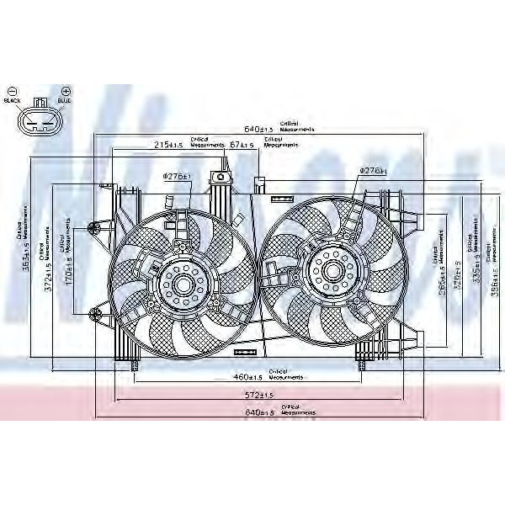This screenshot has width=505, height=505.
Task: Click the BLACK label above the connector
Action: click(13, 101)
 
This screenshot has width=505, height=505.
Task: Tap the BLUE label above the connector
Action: click(65, 101)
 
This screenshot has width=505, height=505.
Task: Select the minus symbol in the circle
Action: click(12, 90)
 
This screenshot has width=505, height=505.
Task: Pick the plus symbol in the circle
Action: click(66, 90)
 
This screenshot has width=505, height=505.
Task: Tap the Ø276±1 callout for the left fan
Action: click(177, 175)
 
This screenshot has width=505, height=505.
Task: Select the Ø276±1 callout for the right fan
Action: click(372, 170)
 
